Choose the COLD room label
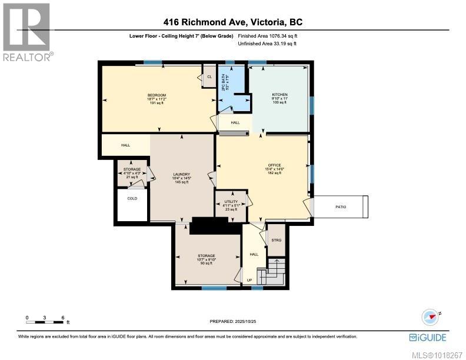[x=132, y=199]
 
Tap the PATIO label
[x=341, y=207]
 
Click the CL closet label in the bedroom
[x=209, y=76]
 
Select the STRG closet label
[x=276, y=240]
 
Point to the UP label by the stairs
[x=249, y=280]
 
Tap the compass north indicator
[x=432, y=317]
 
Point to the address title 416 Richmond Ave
[x=232, y=23]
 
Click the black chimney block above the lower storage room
[x=209, y=225]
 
